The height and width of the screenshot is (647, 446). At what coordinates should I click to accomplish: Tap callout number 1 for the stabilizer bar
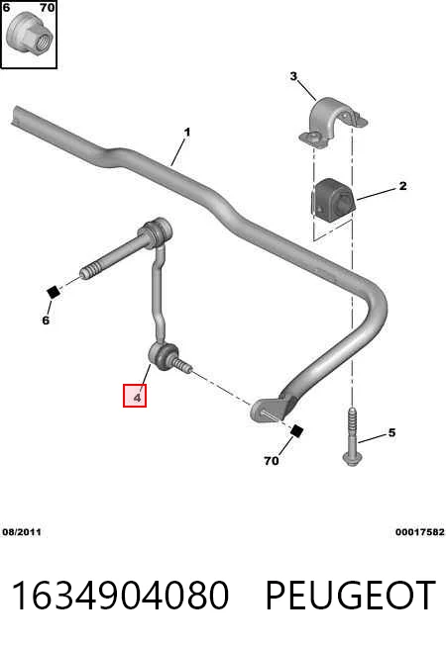187,133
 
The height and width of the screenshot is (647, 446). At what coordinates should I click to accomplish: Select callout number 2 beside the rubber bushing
402,186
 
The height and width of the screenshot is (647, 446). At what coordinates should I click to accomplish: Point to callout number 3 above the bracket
293,76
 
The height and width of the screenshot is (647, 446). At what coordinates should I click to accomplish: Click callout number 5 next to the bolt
391,432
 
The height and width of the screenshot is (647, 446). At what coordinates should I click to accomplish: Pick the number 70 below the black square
272,460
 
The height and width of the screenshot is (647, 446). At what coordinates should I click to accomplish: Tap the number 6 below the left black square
46,321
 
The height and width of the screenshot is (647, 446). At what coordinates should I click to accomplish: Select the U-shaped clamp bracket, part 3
333,122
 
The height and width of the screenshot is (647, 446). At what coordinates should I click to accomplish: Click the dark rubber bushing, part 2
333,200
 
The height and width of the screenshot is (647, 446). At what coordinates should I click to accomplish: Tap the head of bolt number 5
352,459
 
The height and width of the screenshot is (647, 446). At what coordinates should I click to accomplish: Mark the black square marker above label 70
296,430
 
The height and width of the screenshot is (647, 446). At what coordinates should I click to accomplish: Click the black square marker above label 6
54,292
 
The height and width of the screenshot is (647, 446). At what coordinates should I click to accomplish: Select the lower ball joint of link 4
163,357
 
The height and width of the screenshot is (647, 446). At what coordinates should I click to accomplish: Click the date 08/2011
22,532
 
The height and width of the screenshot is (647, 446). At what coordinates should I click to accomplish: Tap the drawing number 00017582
420,532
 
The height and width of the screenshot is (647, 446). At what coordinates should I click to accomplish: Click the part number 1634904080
120,596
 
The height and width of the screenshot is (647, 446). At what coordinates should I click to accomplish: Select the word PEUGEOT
350,596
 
